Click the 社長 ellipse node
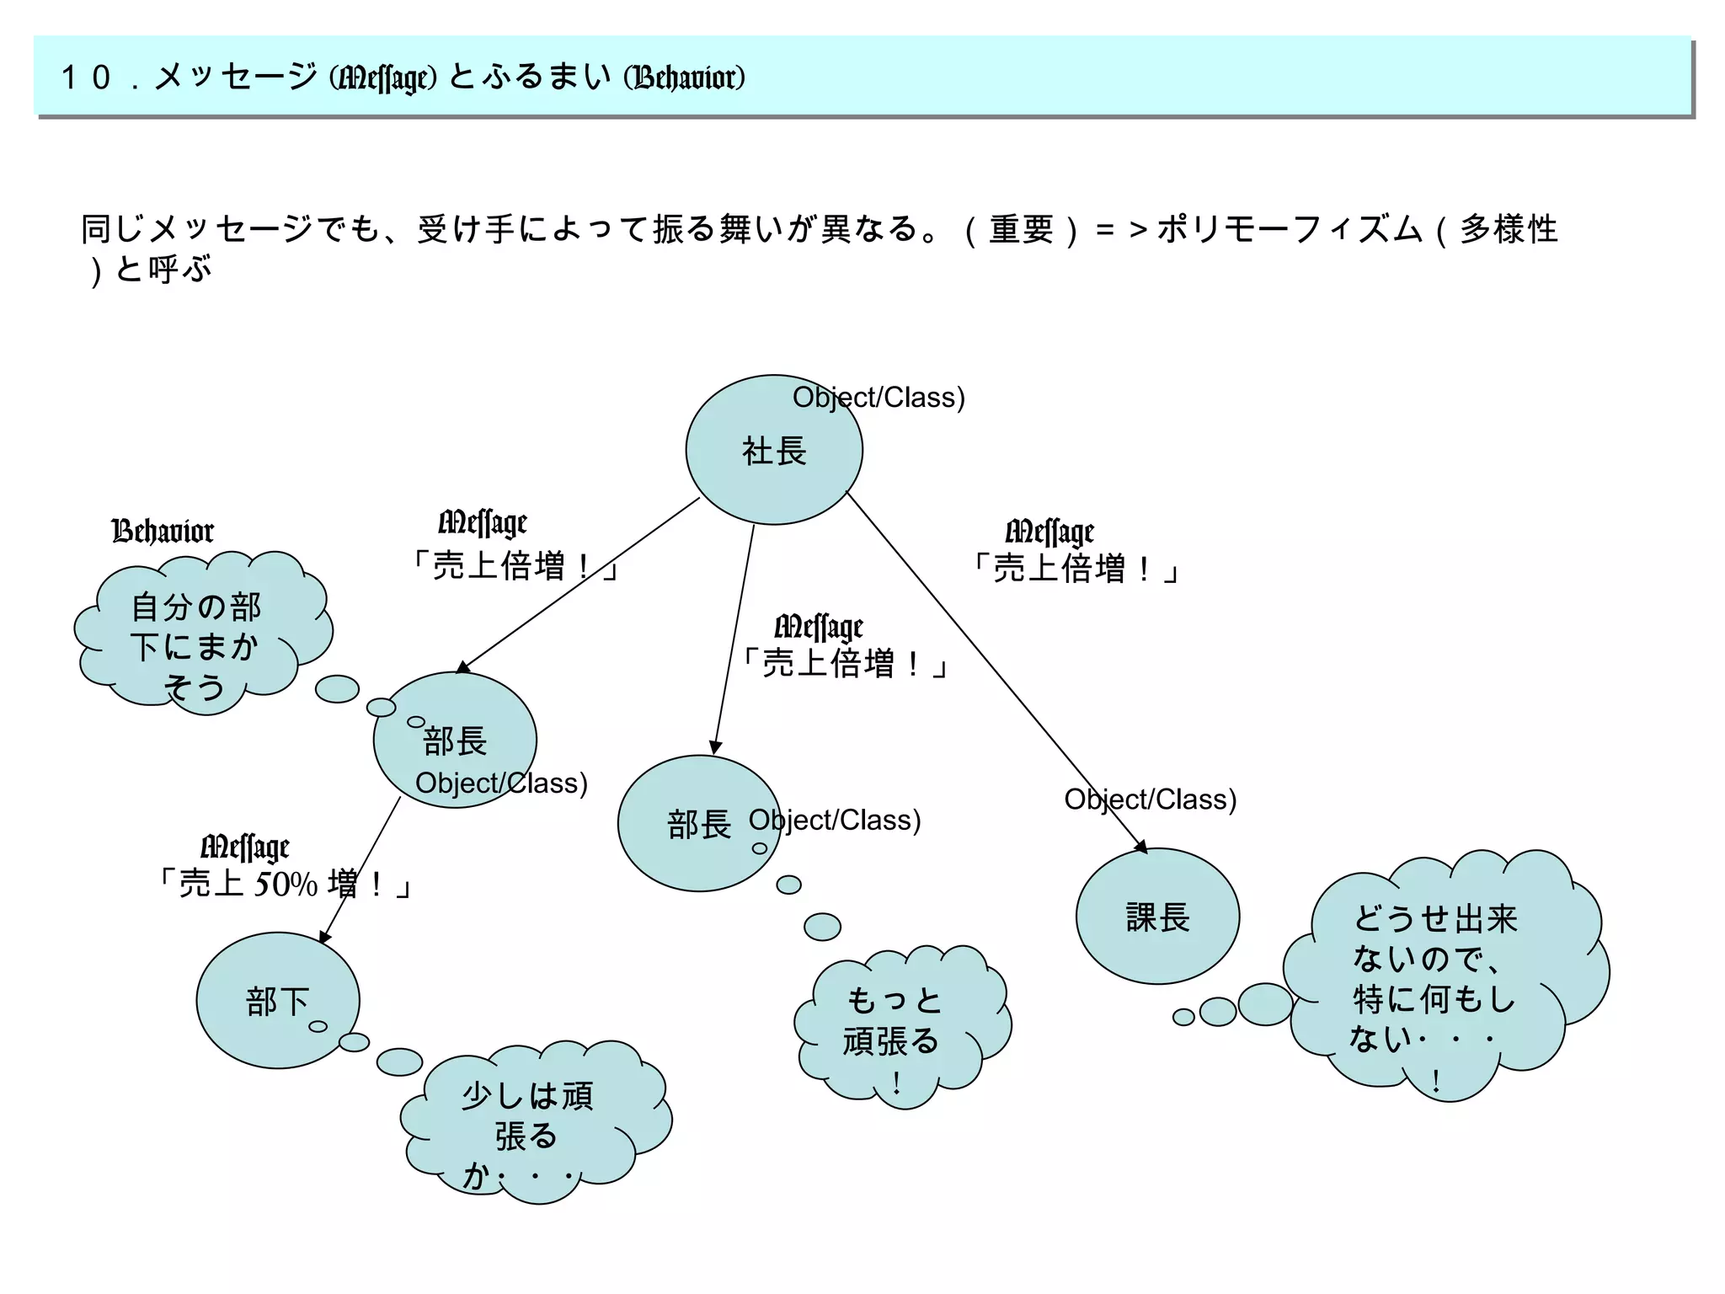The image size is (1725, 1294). tap(773, 451)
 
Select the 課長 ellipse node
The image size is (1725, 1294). tap(1157, 917)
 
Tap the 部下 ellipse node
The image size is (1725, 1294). tap(277, 1001)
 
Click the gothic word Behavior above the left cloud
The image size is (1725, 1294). tap(163, 532)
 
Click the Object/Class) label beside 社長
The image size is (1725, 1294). tap(879, 398)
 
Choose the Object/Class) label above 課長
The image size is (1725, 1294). tap(1150, 799)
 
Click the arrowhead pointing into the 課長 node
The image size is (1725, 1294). tap(1142, 847)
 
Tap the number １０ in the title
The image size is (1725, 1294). tap(86, 78)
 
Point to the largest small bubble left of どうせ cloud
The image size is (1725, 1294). tap(1264, 1004)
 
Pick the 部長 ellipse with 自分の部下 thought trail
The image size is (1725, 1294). tap(455, 740)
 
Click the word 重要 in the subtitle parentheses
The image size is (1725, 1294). tap(1021, 229)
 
